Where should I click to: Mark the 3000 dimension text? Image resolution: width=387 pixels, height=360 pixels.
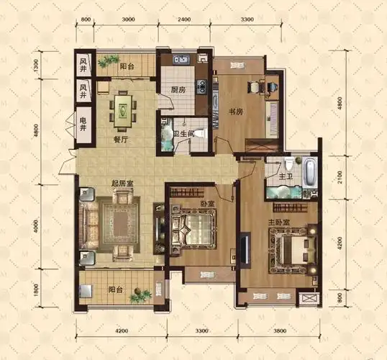point(129,20)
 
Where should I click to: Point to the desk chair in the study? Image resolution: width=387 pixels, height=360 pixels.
point(255,88)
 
